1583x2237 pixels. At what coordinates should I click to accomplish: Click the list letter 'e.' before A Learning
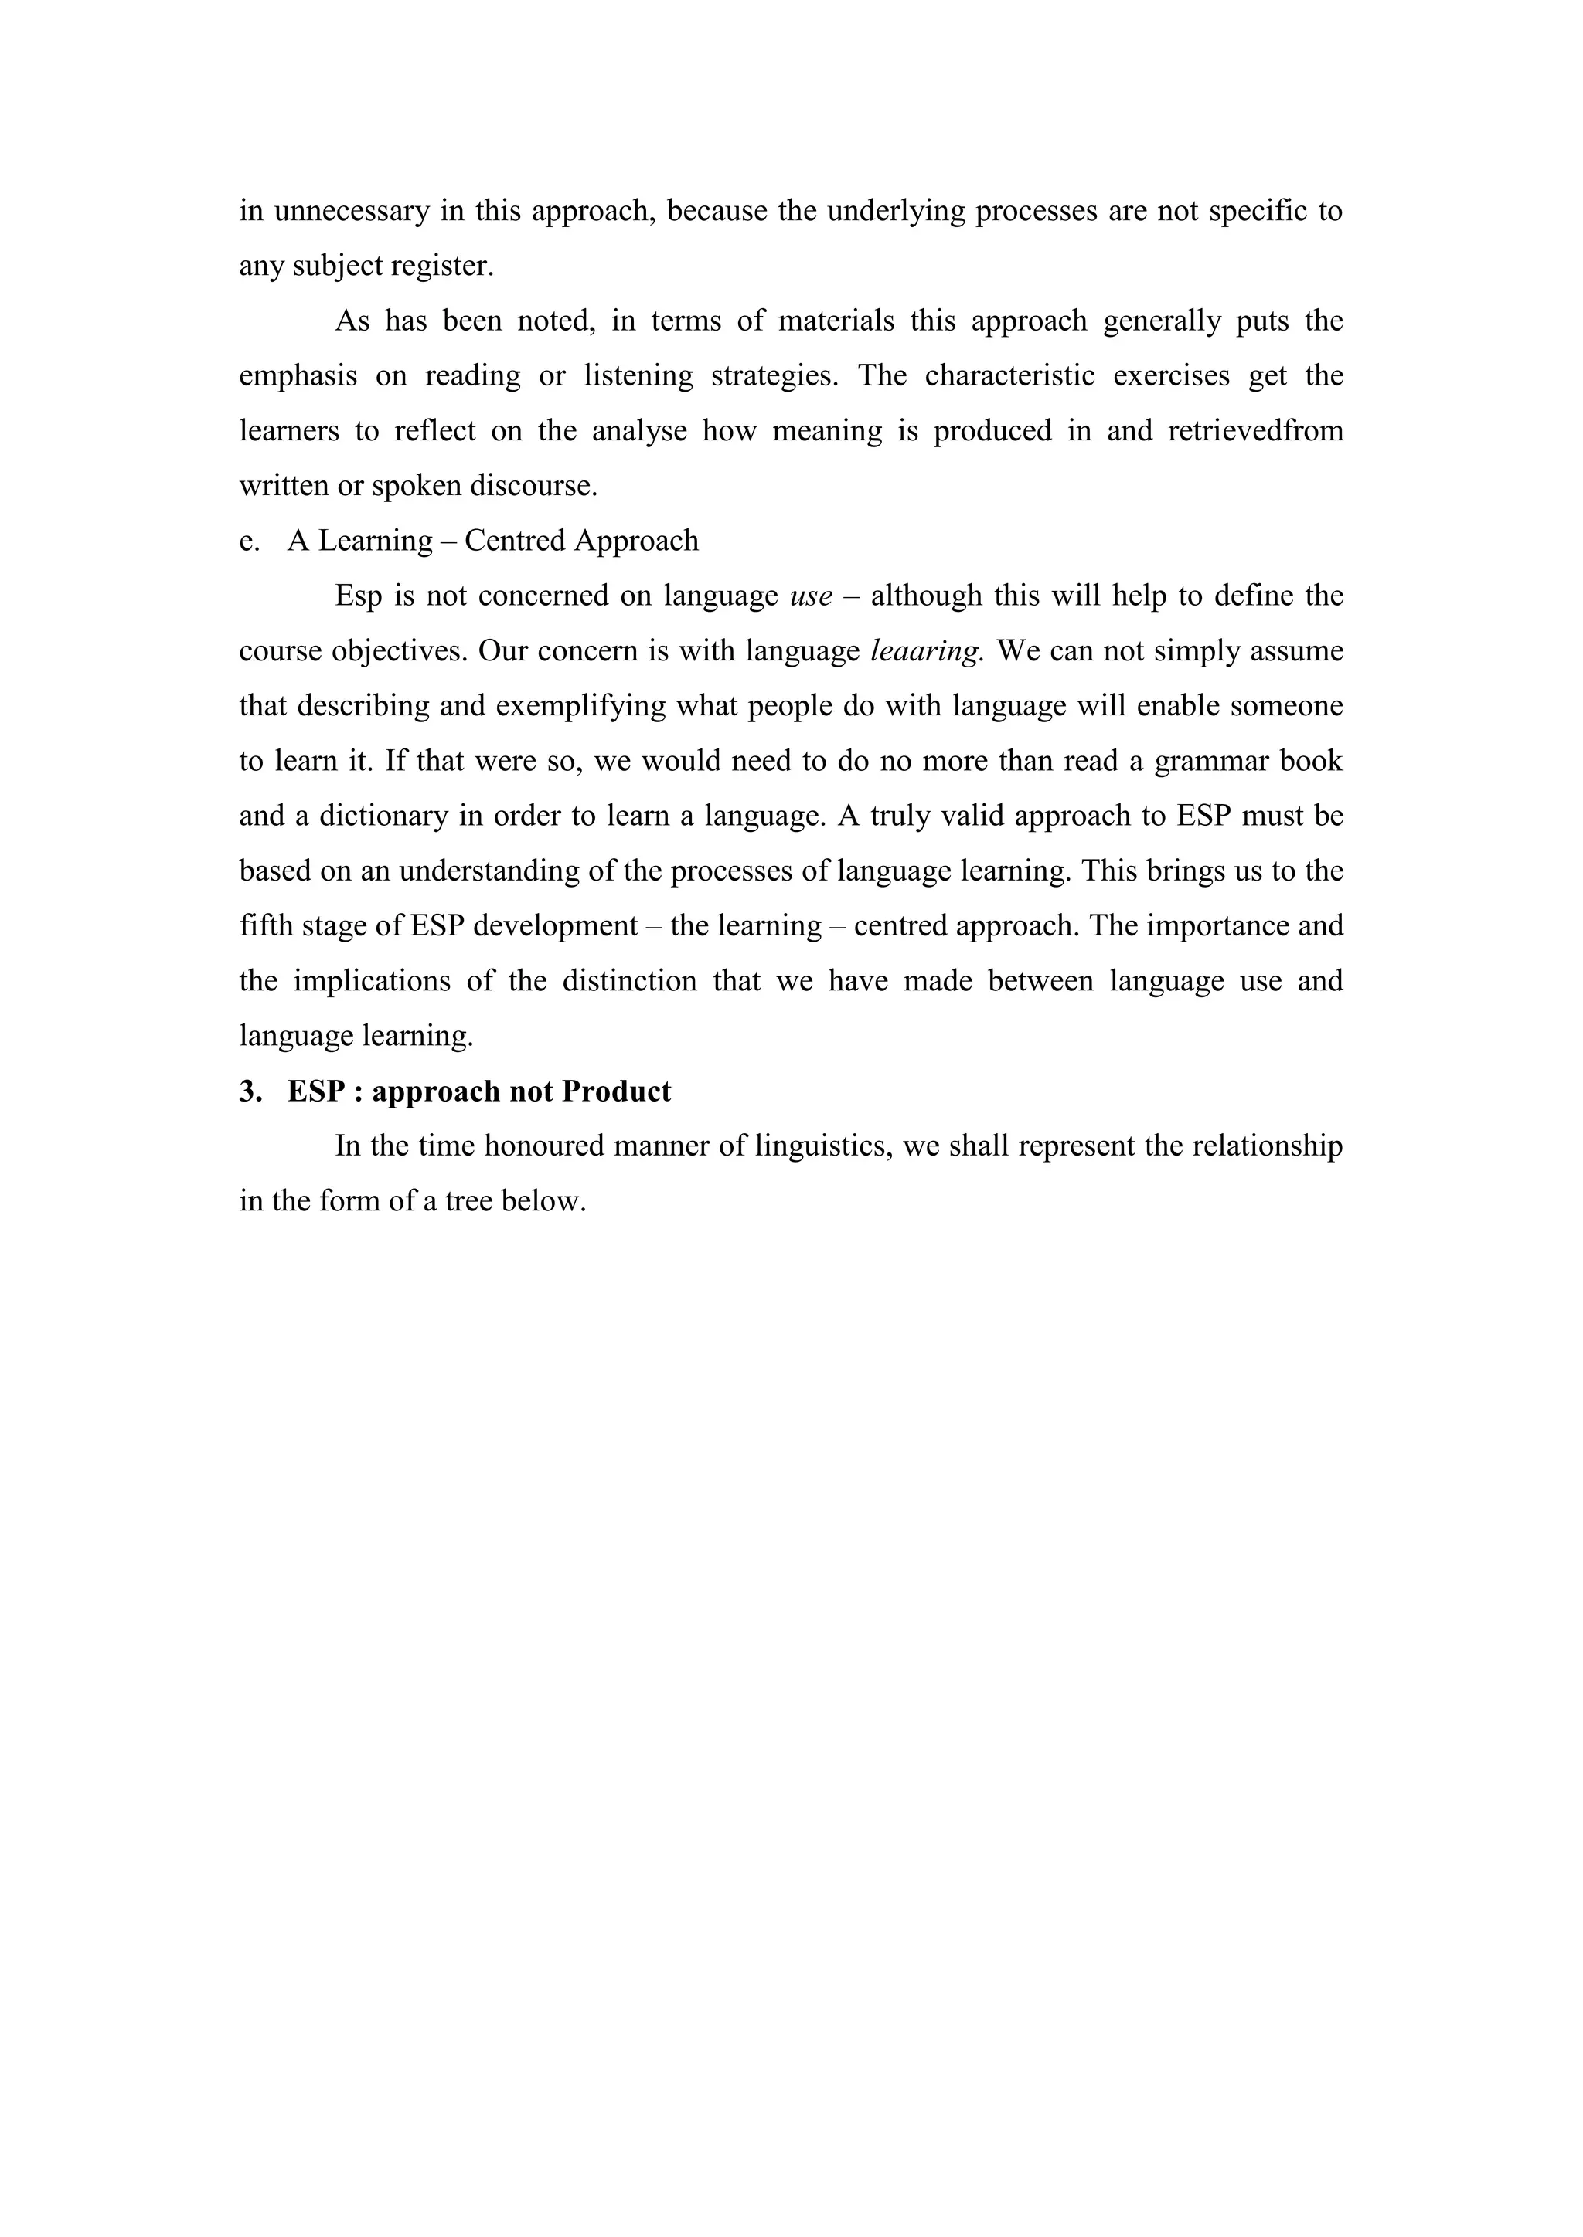(x=250, y=541)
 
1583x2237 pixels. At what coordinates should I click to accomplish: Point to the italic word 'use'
(x=811, y=596)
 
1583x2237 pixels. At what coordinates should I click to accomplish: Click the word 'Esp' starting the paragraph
(x=359, y=596)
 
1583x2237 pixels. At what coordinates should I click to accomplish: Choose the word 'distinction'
(x=630, y=981)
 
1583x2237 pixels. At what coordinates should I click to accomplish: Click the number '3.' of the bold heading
(x=250, y=1091)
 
